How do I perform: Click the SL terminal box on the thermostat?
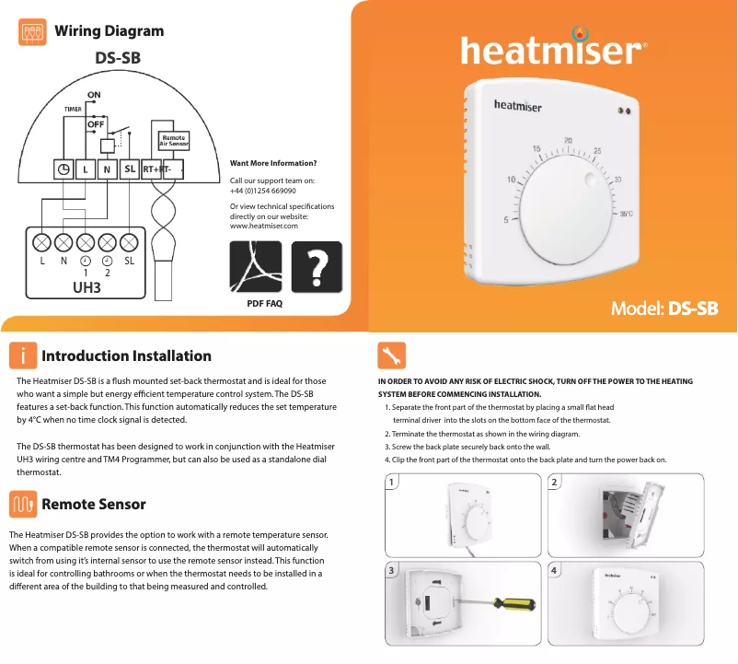[x=130, y=169]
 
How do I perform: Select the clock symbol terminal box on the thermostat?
[x=63, y=169]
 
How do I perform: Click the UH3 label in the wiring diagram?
[x=86, y=287]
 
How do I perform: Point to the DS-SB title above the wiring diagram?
[x=119, y=58]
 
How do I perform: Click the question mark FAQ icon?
[x=317, y=267]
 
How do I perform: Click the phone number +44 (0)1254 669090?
[x=262, y=190]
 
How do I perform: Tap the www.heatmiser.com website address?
[x=263, y=226]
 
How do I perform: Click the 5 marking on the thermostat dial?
[x=505, y=219]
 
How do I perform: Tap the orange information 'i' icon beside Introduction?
[x=24, y=356]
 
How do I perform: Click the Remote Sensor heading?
[x=94, y=504]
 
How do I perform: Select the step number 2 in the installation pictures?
[x=554, y=483]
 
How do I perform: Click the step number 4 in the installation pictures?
[x=554, y=571]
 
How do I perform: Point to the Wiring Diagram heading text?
[x=110, y=30]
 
